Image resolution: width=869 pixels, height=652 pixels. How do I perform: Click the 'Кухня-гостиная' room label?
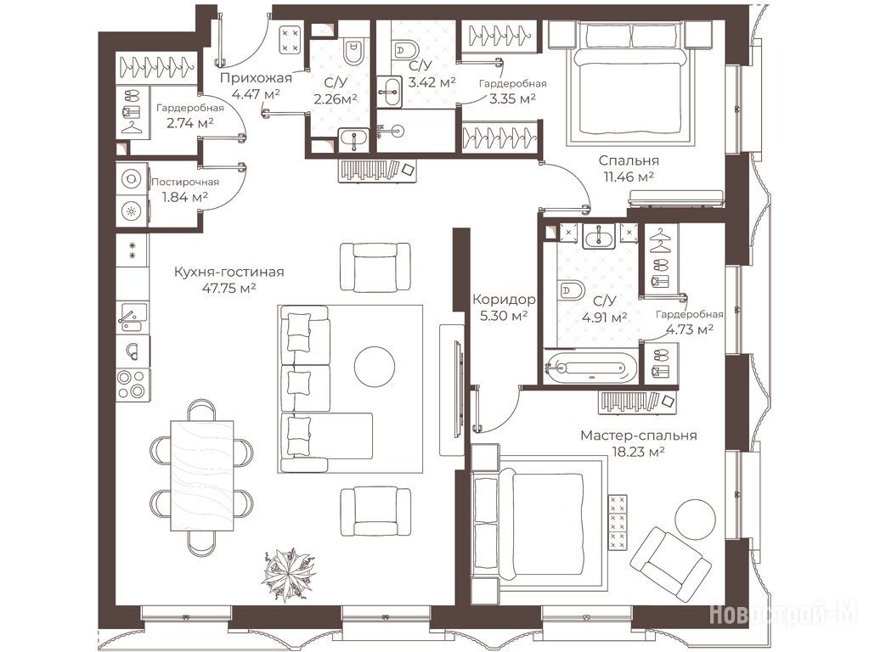pyautogui.click(x=229, y=272)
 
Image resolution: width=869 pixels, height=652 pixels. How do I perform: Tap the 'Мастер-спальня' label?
pyautogui.click(x=639, y=436)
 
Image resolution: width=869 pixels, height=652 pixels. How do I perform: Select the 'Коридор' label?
pyautogui.click(x=504, y=300)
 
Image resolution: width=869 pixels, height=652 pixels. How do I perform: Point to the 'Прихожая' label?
pyautogui.click(x=256, y=78)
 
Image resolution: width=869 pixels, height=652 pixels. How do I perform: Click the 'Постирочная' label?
pyautogui.click(x=185, y=182)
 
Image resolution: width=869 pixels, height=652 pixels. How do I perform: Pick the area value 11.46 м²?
pyautogui.click(x=628, y=177)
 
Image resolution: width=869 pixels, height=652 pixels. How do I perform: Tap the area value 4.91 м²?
pyautogui.click(x=605, y=318)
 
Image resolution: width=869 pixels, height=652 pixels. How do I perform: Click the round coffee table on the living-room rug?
pyautogui.click(x=375, y=367)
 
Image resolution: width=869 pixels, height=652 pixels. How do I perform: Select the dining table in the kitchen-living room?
pyautogui.click(x=201, y=475)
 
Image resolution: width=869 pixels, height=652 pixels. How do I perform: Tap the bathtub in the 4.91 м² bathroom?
pyautogui.click(x=590, y=366)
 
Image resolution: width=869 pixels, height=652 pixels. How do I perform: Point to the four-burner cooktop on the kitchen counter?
pyautogui.click(x=132, y=384)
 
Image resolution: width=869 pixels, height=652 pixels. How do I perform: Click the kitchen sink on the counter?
pyautogui.click(x=132, y=317)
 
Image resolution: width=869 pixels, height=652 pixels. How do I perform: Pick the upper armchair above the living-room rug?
pyautogui.click(x=375, y=267)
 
